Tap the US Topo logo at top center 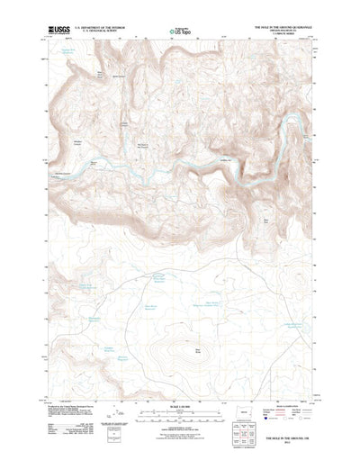179,32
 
